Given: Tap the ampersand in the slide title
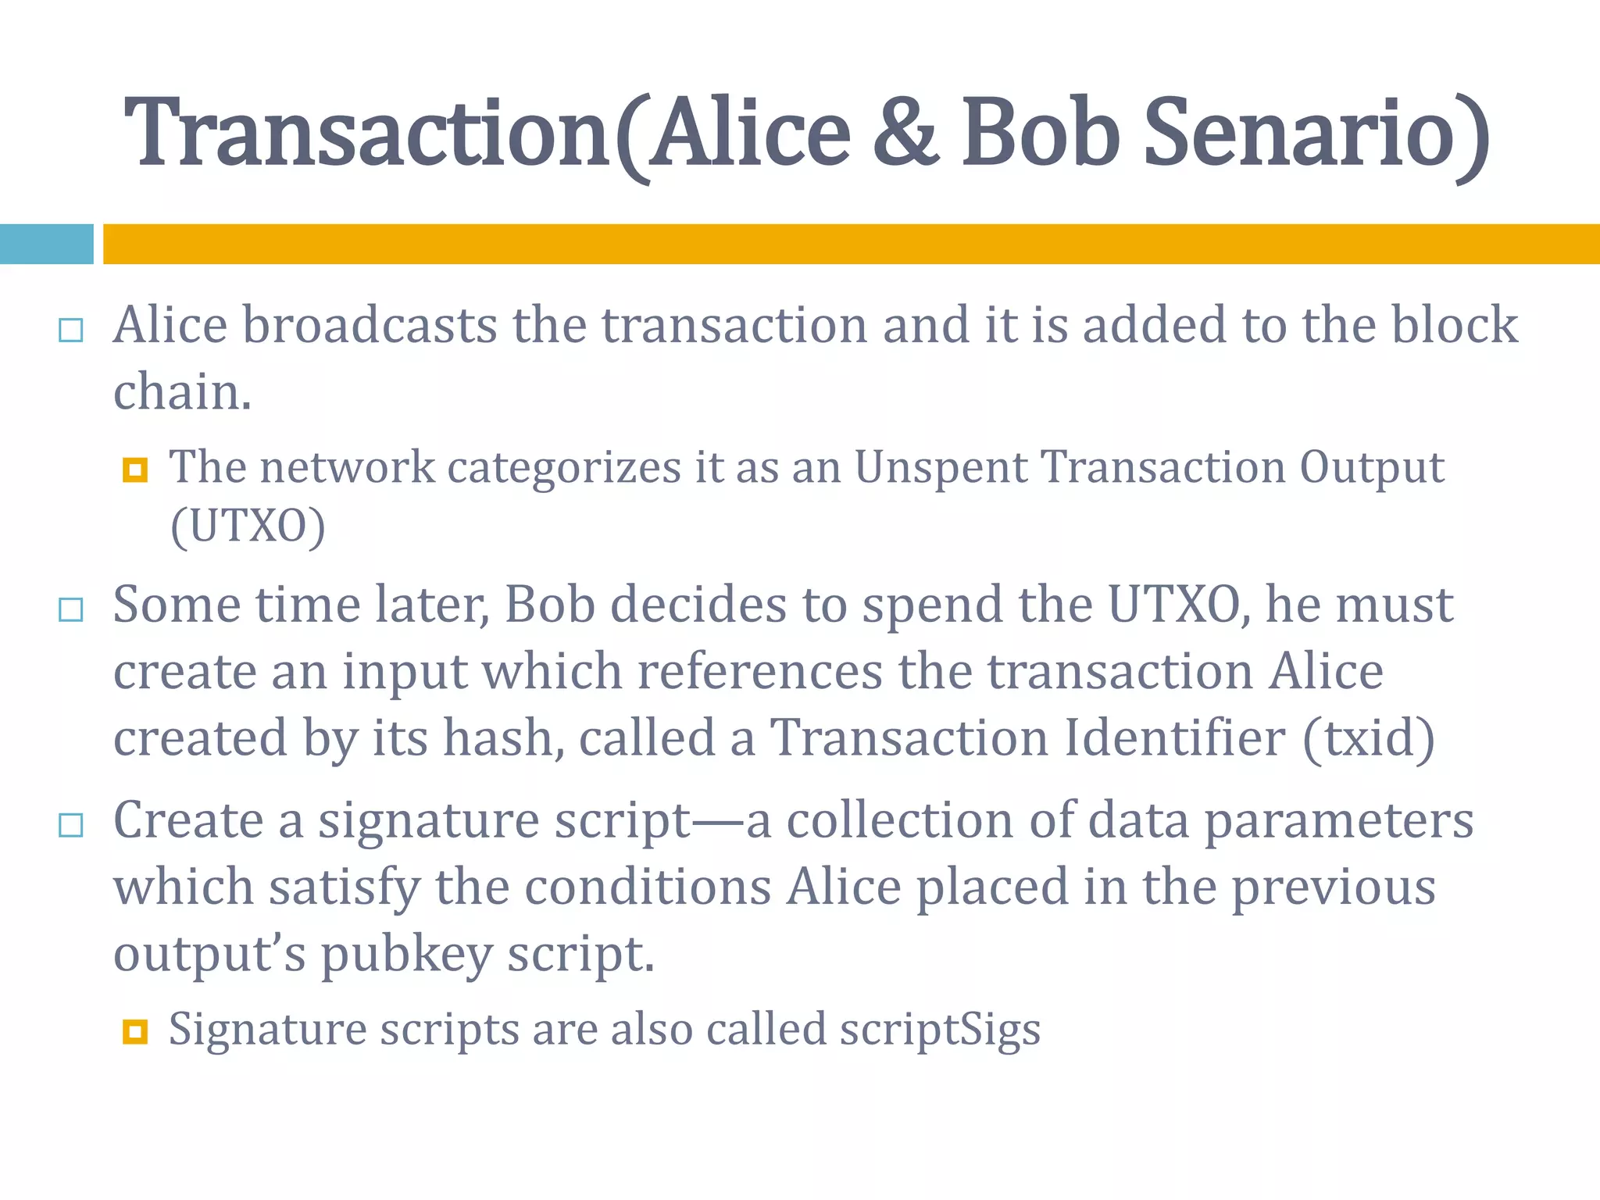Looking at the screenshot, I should click(905, 134).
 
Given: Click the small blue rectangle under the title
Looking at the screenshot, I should click(46, 244).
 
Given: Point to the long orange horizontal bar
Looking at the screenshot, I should click(851, 244).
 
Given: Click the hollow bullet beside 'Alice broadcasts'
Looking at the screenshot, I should click(71, 330).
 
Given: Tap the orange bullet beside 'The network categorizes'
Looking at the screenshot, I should click(135, 470).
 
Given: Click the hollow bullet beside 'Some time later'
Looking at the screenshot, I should click(71, 609).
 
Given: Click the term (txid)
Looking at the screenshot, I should click(1369, 737).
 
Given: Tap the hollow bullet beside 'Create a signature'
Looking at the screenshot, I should click(71, 825).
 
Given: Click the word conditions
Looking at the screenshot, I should click(648, 887).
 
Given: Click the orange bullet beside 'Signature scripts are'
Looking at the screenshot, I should click(135, 1032).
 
